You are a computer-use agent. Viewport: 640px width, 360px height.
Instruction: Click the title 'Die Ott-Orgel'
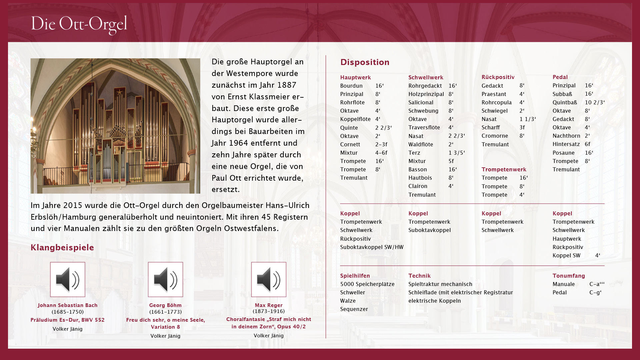[x=79, y=24]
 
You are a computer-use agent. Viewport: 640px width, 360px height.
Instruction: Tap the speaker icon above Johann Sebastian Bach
[x=68, y=279]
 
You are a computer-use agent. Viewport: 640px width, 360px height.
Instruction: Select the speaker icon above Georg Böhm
[x=165, y=279]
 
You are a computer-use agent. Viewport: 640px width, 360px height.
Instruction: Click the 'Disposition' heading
[x=365, y=62]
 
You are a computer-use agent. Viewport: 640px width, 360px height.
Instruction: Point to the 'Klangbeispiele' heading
[x=62, y=247]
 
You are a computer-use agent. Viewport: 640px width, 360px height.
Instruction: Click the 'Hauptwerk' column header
[x=355, y=77]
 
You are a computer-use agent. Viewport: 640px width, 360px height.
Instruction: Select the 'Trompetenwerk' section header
[x=504, y=169]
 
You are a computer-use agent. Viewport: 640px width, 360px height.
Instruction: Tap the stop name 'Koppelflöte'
[x=355, y=119]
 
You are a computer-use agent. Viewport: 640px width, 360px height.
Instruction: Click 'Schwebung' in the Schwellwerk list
[x=423, y=111]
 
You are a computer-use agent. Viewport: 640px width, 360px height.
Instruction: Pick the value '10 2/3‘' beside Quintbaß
[x=595, y=102]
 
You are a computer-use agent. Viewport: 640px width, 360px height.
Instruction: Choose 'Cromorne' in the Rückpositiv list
[x=495, y=136]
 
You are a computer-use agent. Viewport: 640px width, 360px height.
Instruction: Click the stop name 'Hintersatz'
[x=566, y=144]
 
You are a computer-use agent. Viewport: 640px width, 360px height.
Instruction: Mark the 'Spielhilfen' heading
[x=355, y=276]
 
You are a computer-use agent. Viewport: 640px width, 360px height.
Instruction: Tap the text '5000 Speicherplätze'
[x=367, y=284]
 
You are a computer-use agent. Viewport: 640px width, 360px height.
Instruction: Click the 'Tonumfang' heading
[x=569, y=276]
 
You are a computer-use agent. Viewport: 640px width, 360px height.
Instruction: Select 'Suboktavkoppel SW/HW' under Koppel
[x=372, y=247]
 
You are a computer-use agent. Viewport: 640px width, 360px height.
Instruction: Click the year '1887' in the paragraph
[x=287, y=85]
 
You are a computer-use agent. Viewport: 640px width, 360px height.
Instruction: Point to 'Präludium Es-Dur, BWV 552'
[x=68, y=320]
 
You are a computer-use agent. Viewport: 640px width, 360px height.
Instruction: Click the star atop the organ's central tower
[x=119, y=92]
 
